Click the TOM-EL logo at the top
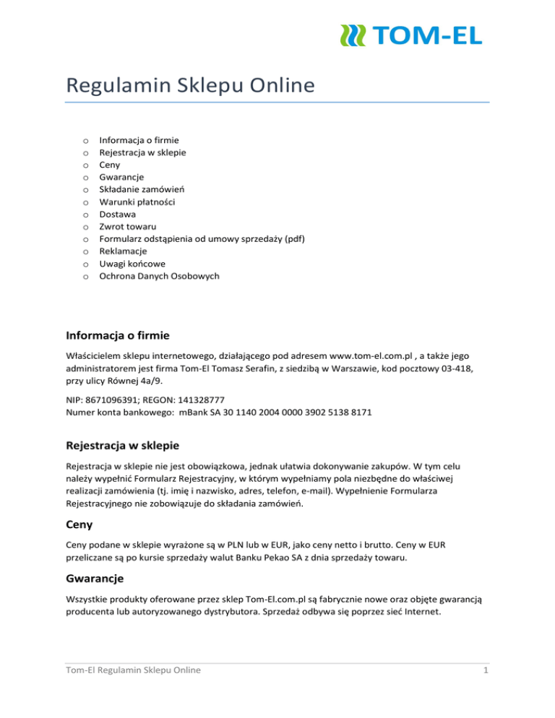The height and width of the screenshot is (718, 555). [x=410, y=34]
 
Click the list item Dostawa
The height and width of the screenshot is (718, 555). [x=117, y=215]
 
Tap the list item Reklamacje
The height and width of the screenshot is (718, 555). [x=124, y=251]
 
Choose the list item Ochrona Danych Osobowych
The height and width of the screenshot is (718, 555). [x=159, y=276]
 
